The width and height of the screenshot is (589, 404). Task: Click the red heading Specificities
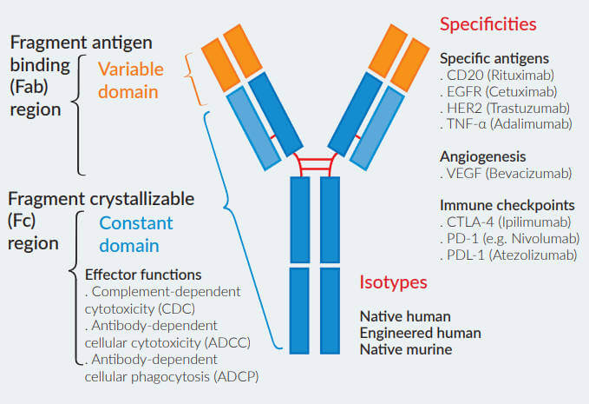(488, 23)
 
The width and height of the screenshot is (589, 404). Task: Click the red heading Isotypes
(394, 282)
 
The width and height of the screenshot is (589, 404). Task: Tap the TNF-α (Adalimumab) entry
(506, 123)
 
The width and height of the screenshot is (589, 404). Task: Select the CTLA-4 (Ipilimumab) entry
(504, 222)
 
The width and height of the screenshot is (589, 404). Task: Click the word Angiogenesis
(483, 157)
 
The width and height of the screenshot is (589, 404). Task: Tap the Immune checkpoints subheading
(507, 206)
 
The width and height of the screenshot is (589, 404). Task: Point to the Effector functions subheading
(142, 275)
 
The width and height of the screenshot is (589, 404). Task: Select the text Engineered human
(420, 333)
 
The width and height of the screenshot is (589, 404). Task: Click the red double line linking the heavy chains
(315, 164)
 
